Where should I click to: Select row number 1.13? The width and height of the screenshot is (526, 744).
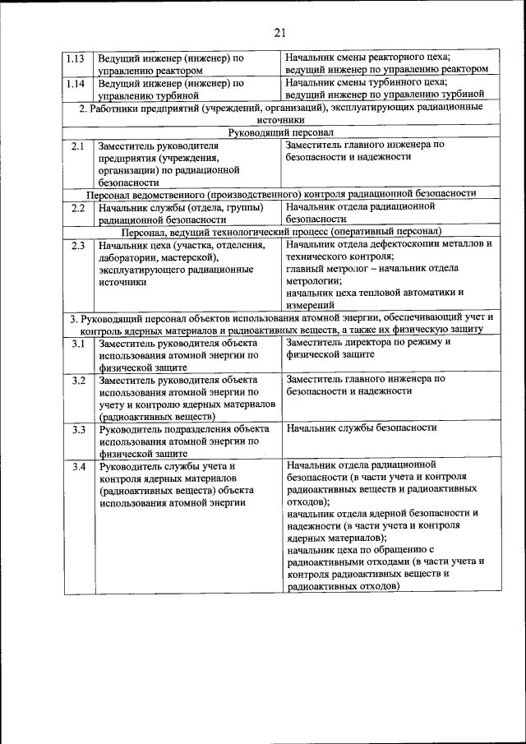[76, 58]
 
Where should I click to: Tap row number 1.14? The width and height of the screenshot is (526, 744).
[76, 83]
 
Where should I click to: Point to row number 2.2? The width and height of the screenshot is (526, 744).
[78, 209]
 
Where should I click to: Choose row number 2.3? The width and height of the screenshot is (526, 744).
[78, 245]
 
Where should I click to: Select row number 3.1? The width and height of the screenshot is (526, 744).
[78, 343]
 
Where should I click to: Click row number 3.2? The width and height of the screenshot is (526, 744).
[78, 380]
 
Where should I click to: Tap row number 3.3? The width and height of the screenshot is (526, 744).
[78, 428]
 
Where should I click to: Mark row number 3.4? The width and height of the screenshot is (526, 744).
[78, 466]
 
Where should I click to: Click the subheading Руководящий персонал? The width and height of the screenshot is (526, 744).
[280, 132]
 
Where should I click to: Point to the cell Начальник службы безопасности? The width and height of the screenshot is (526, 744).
[362, 427]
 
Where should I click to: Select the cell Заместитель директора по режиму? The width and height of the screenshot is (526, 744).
[368, 341]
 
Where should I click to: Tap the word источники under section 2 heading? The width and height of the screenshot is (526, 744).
[280, 119]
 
